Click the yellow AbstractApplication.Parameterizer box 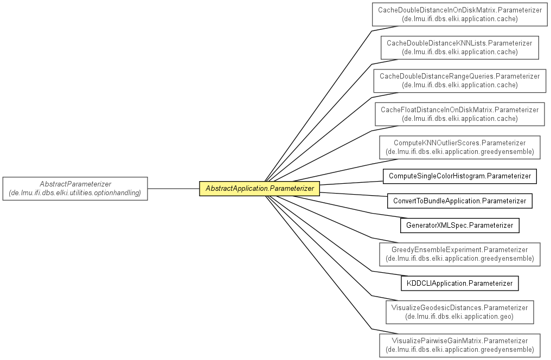[x=259, y=189]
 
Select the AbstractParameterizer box [x=75, y=189]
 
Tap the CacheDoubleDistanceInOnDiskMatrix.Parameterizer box [x=460, y=15]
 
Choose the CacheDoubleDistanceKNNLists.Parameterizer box [x=460, y=47]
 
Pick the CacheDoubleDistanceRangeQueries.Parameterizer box [x=460, y=81]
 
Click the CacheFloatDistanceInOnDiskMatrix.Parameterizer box [x=460, y=114]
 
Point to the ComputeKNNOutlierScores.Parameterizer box [x=460, y=147]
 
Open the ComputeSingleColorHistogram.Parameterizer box [x=460, y=176]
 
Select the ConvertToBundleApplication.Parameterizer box [x=460, y=201]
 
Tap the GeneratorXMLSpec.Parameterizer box [x=460, y=226]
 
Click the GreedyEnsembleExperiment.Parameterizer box [x=460, y=254]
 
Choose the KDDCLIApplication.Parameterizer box [x=460, y=284]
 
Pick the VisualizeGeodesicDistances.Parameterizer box [x=460, y=312]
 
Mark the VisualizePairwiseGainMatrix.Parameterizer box [x=460, y=345]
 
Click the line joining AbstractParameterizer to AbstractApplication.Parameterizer [x=174, y=189]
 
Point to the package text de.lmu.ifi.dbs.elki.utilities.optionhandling [x=75, y=193]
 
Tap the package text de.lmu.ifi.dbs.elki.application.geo [x=460, y=317]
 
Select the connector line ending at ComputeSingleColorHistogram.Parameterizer [x=351, y=183]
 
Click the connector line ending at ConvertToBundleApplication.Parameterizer [x=354, y=194]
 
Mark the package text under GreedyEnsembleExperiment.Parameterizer [x=460, y=259]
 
